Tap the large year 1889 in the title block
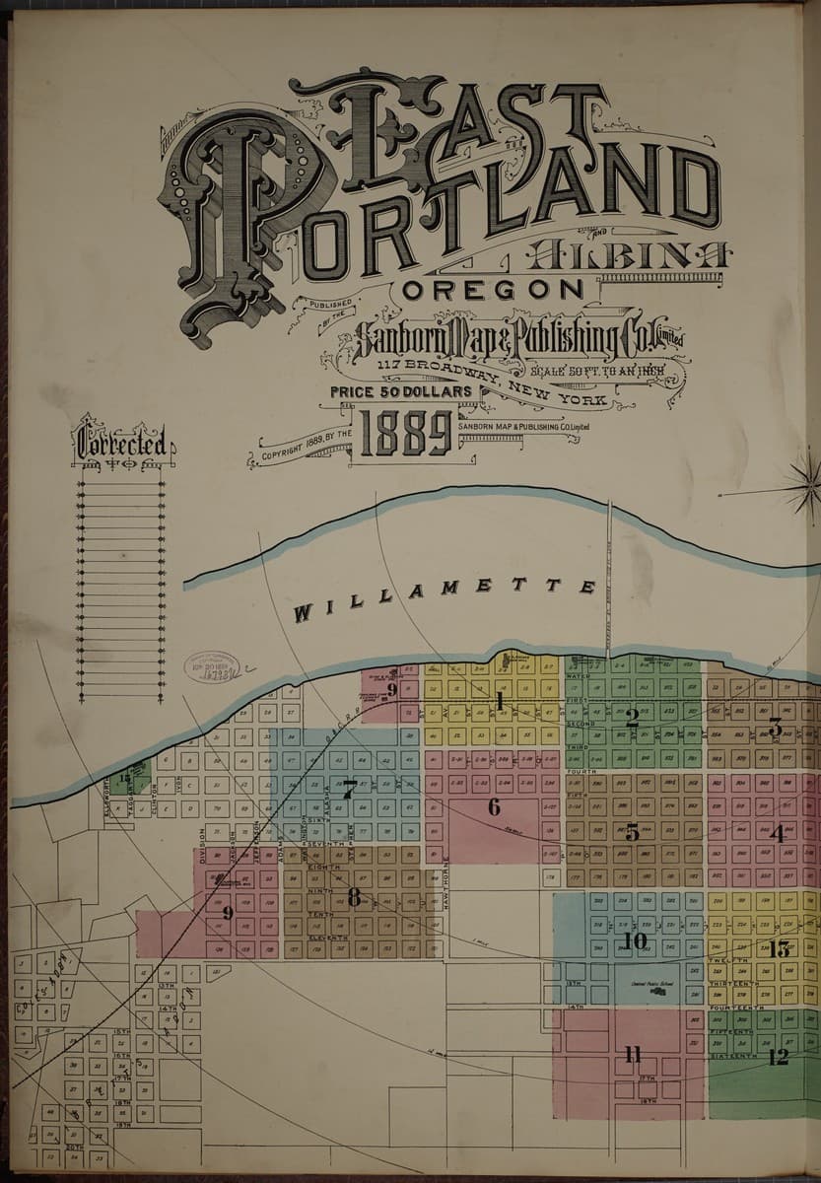(405, 433)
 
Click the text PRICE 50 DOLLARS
(402, 391)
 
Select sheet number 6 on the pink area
(494, 807)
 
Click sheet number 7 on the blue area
(349, 788)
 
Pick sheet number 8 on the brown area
(353, 896)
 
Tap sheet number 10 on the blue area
(634, 941)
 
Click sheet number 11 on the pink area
(632, 1056)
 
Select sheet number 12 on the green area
(778, 1057)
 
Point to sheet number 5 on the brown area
(632, 831)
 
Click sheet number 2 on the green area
(632, 718)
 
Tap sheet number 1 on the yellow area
(500, 702)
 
